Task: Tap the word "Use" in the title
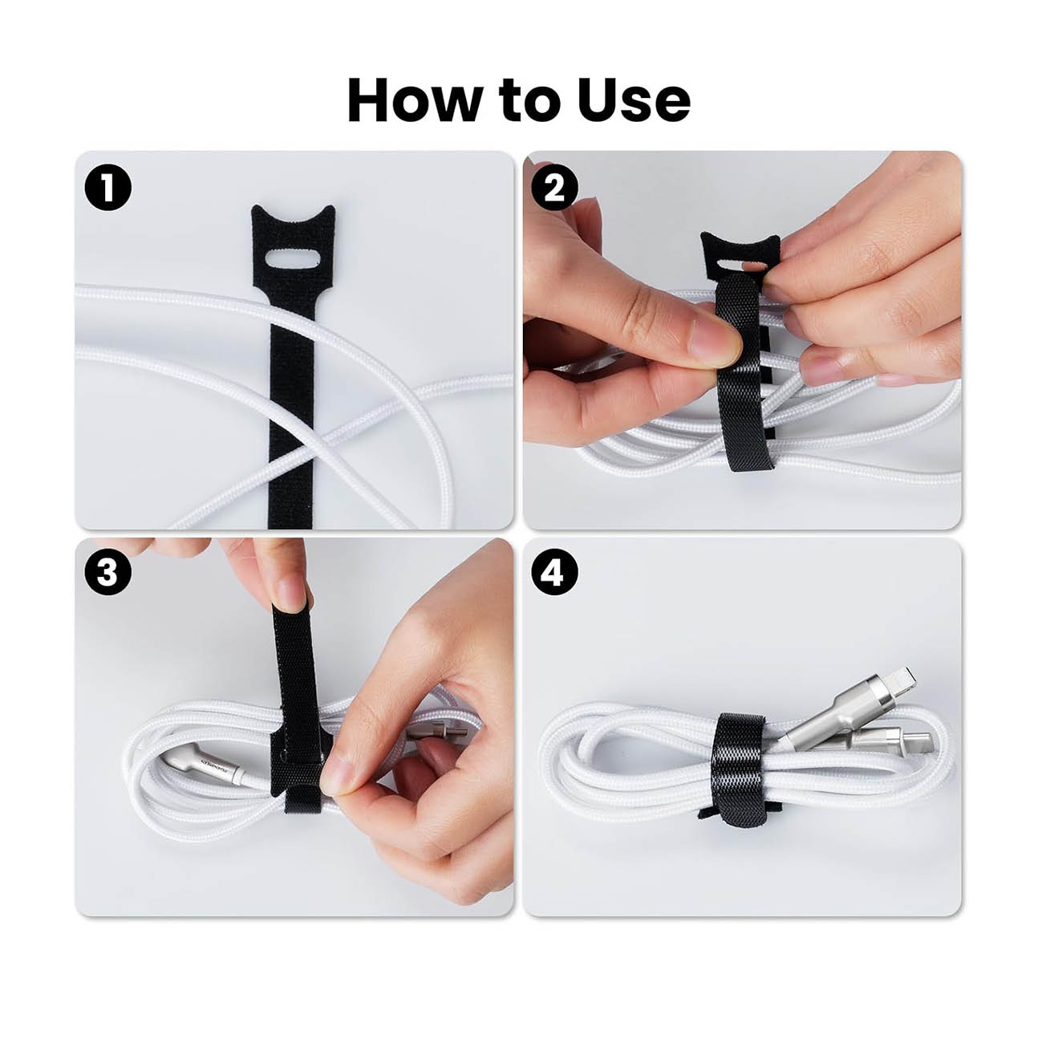(635, 100)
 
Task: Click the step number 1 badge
(107, 187)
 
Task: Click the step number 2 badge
(554, 187)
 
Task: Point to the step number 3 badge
(107, 571)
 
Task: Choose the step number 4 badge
(554, 571)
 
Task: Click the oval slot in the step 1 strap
(293, 258)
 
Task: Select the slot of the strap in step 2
(737, 266)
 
